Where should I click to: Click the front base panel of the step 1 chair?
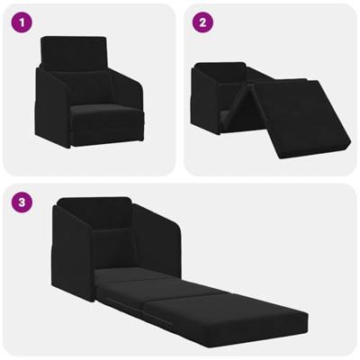99,135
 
